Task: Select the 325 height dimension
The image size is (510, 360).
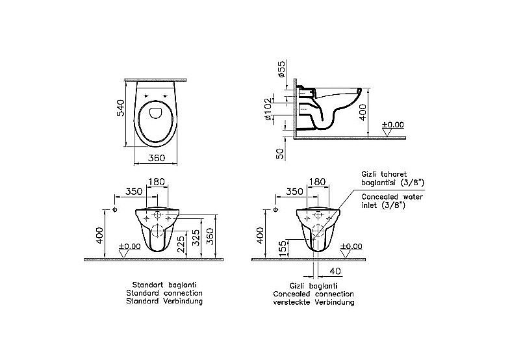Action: [195, 239]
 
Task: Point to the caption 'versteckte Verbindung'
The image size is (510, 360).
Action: [313, 303]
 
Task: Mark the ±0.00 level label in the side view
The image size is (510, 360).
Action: [392, 124]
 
